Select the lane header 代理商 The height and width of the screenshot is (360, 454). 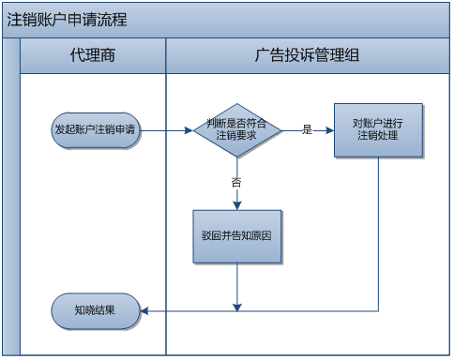pos(93,56)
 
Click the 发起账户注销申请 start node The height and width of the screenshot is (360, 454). pos(96,130)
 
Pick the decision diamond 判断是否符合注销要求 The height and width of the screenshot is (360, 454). pos(238,130)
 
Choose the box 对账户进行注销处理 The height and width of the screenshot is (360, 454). pos(378,129)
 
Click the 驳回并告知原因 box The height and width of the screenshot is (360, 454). pos(238,234)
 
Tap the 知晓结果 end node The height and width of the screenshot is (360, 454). pos(96,309)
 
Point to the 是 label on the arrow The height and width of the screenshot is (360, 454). pos(307,129)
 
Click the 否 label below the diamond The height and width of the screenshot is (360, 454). pos(236,182)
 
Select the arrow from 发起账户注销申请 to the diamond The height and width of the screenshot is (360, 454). pos(167,130)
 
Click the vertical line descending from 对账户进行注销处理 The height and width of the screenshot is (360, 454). pos(379,234)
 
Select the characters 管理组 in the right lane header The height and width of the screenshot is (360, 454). pos(336,56)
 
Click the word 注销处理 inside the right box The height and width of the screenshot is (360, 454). pos(378,136)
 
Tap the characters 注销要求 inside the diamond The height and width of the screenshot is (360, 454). pos(238,137)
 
